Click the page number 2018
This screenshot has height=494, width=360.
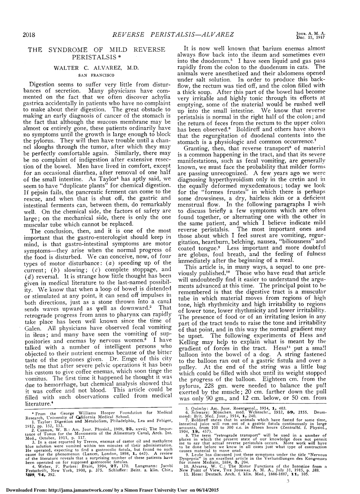29,35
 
